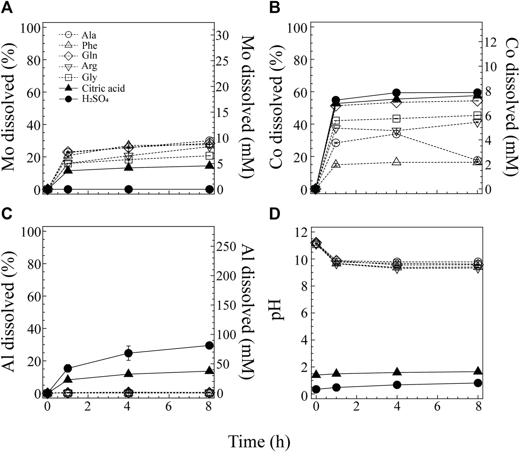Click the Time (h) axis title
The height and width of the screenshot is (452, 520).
click(x=259, y=441)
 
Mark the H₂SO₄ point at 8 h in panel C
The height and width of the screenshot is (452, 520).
click(x=209, y=345)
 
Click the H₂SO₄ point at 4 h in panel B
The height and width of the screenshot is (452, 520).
click(x=397, y=93)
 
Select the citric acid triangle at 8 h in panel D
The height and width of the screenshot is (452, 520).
click(x=478, y=371)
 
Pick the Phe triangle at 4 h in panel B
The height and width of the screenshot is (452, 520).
click(x=396, y=162)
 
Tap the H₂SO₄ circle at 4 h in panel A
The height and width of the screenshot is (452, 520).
click(x=128, y=189)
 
